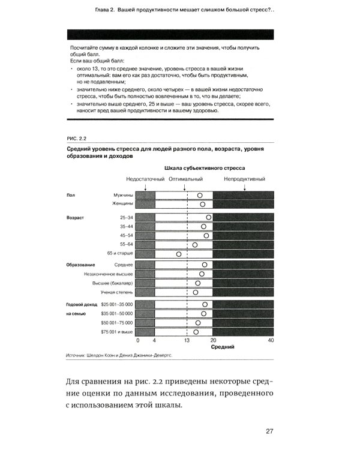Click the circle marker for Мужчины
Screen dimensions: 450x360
point(200,195)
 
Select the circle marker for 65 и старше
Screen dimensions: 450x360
point(179,254)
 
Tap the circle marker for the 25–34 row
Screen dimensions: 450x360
point(209,217)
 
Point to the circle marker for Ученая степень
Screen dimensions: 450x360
point(196,293)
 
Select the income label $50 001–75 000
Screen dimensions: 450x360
point(117,323)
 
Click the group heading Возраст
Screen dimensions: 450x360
point(76,217)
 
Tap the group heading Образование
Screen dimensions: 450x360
point(80,265)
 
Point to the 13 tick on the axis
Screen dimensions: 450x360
point(187,340)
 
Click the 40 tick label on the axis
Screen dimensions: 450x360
point(271,340)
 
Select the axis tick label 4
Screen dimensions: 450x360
point(154,340)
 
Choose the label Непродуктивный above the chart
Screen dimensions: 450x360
point(244,179)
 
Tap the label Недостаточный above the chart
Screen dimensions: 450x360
point(145,179)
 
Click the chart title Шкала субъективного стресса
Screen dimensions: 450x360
point(204,168)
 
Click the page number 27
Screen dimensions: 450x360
point(269,431)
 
